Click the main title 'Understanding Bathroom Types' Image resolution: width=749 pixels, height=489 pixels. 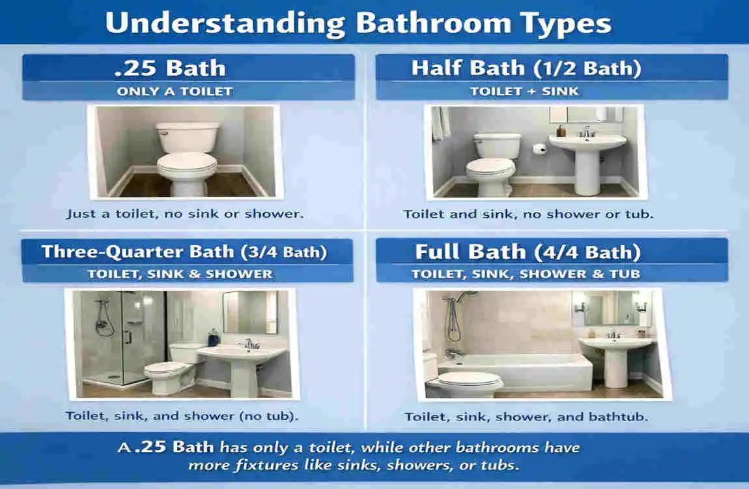(358, 23)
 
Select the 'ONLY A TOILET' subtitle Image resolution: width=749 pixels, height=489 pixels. (175, 91)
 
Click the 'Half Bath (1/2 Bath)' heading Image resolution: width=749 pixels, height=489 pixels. (526, 68)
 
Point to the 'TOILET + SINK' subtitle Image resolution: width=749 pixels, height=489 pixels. (524, 91)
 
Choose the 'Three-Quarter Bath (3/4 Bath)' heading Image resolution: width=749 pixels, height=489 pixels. (184, 252)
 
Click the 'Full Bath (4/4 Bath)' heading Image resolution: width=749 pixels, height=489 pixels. (528, 252)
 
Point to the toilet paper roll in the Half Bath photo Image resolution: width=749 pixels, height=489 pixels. (538, 149)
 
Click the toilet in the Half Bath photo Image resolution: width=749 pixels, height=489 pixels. (493, 163)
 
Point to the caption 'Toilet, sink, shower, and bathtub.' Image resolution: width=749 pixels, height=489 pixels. (526, 416)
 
